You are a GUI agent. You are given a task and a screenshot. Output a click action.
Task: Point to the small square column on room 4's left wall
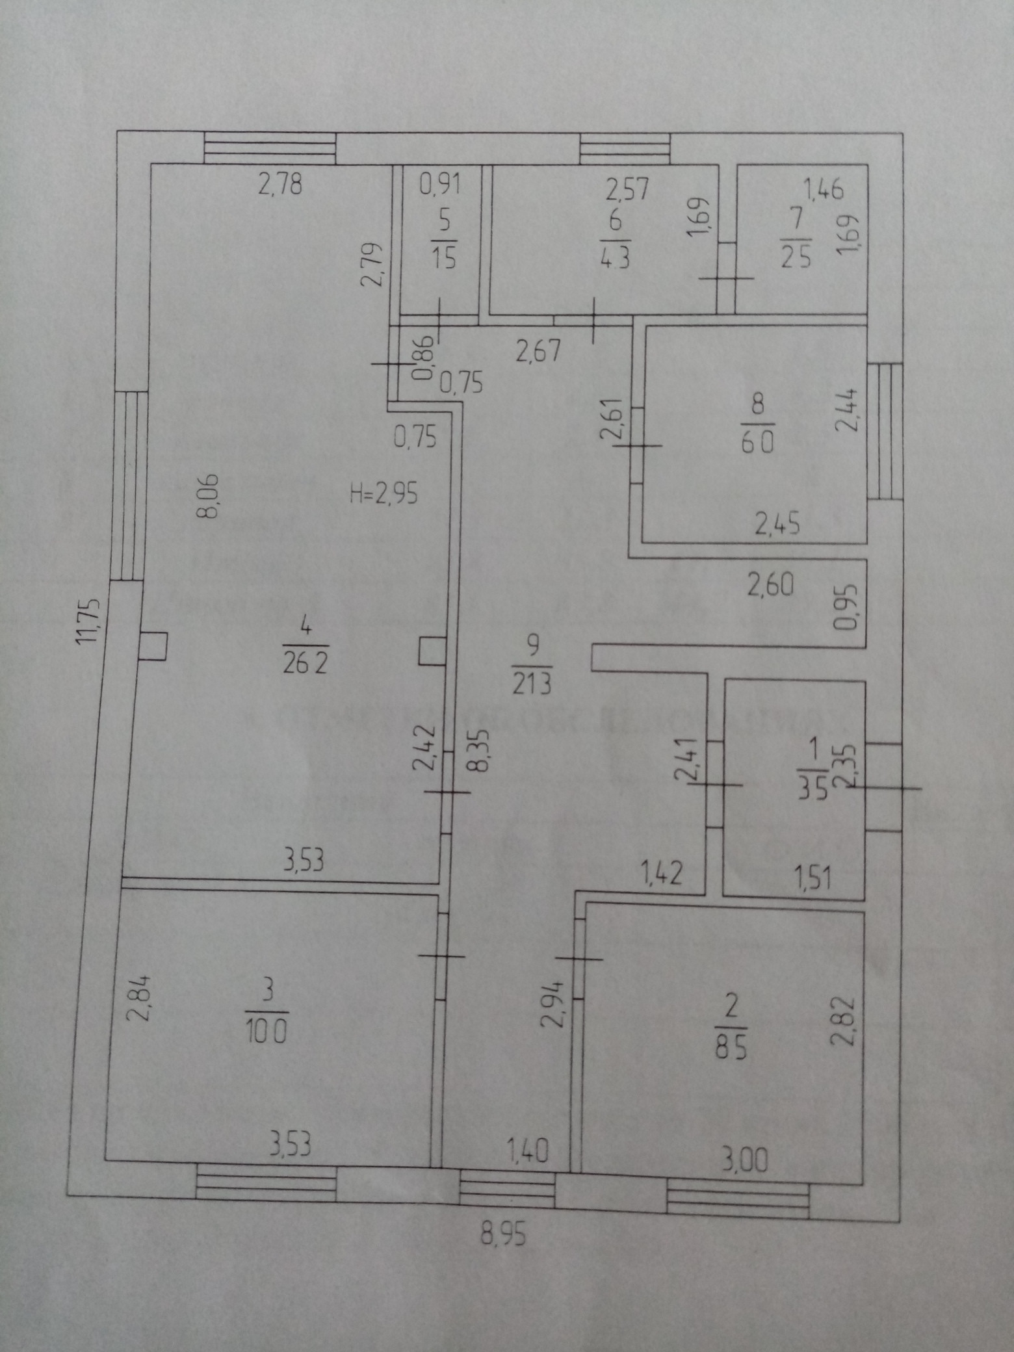click(x=153, y=647)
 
